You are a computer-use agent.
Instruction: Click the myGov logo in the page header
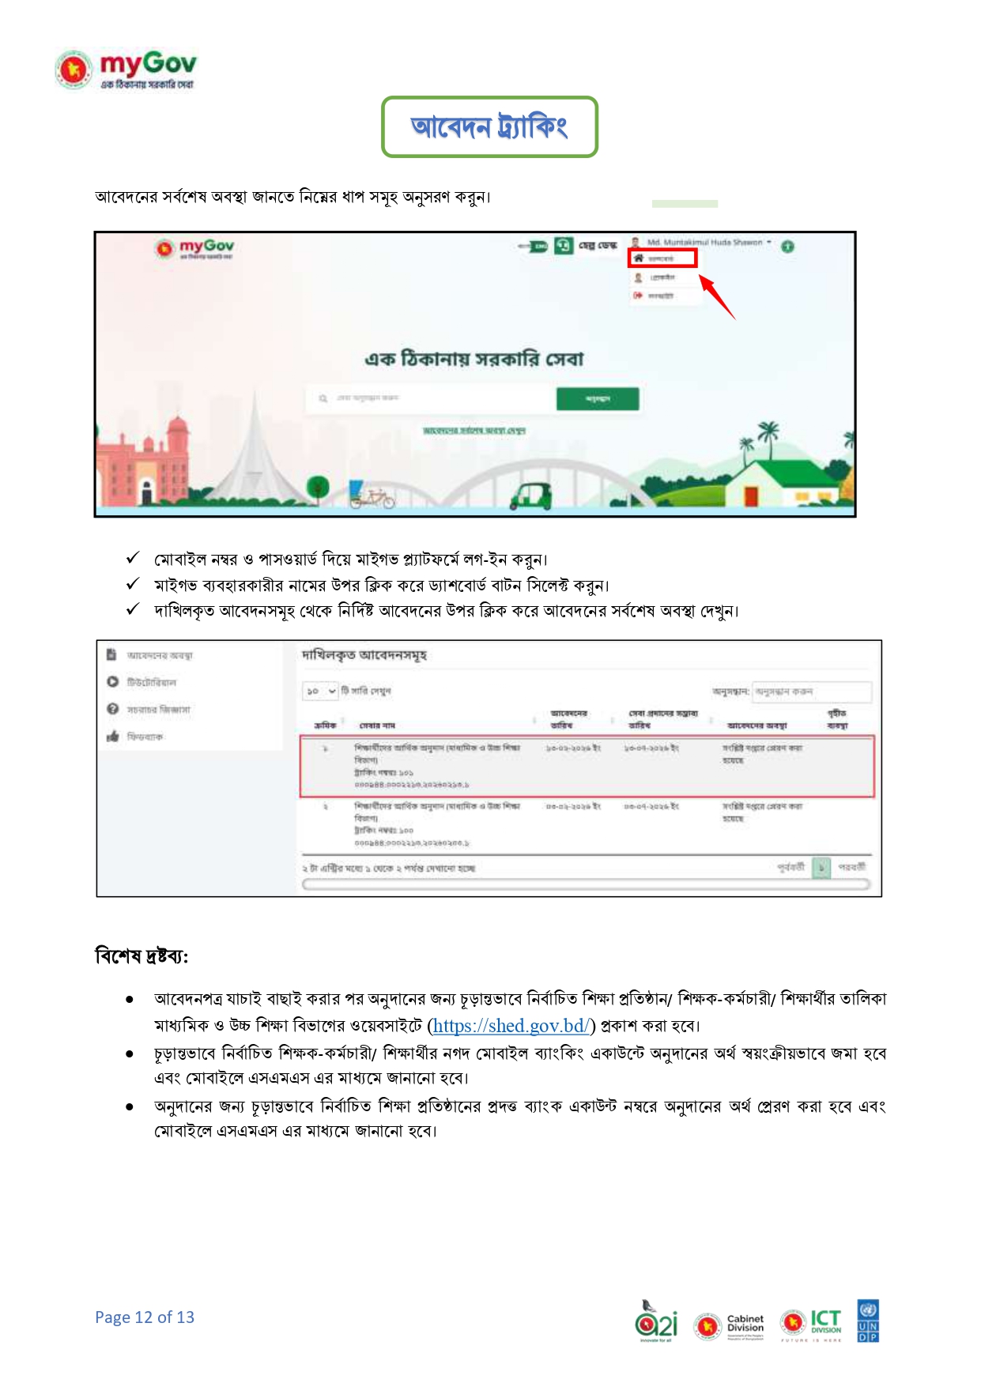click(125, 70)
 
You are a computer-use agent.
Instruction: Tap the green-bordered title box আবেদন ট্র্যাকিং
click(489, 126)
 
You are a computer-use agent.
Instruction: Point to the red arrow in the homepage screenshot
click(717, 296)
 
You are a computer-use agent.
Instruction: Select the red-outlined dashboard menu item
click(662, 258)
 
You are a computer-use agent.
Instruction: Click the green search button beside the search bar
click(597, 399)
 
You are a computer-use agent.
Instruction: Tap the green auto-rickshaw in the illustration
click(530, 496)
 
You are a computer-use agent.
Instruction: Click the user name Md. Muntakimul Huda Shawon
click(704, 243)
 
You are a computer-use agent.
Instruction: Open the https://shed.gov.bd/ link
click(511, 1026)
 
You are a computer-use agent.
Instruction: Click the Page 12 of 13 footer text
click(145, 1317)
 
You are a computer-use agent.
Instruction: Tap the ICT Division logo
click(810, 1323)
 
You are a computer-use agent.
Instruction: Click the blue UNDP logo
click(868, 1321)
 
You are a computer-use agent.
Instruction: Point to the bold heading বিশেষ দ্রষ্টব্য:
click(141, 956)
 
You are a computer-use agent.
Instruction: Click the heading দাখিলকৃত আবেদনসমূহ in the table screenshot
click(364, 655)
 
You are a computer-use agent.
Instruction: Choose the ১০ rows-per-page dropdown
click(321, 691)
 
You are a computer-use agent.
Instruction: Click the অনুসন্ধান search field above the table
click(811, 692)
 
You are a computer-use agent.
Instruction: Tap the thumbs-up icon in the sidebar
click(112, 736)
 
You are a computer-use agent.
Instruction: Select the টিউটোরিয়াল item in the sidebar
click(151, 682)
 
